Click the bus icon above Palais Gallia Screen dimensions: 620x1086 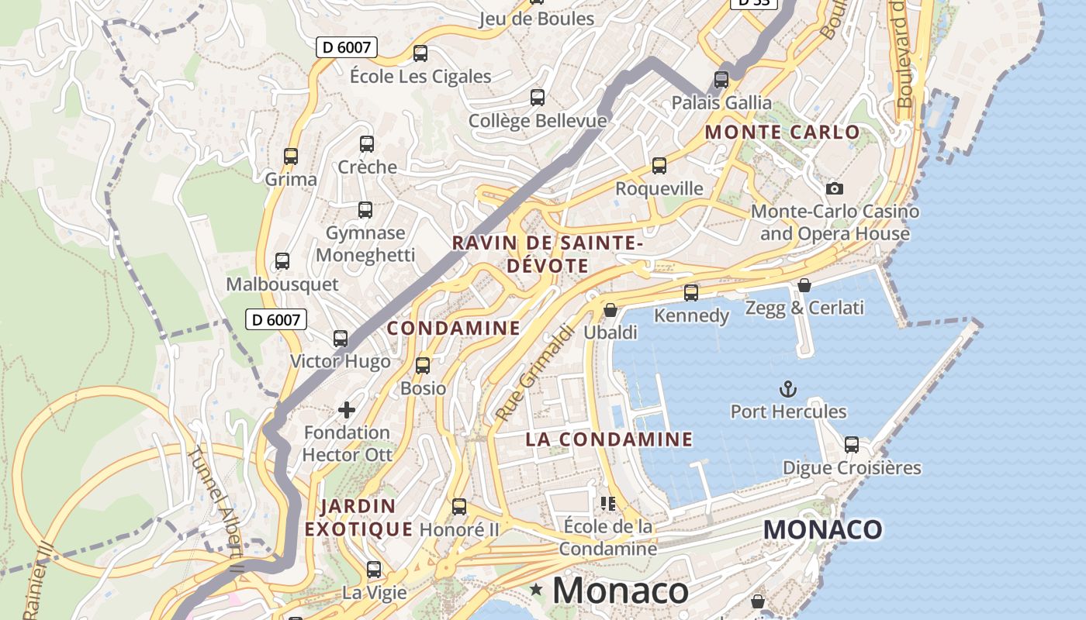(721, 80)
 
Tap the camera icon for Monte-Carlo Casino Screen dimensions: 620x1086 (835, 188)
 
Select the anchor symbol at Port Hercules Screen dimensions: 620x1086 (788, 388)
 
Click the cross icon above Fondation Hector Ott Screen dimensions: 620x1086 (347, 409)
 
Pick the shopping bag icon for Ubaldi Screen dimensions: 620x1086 (610, 310)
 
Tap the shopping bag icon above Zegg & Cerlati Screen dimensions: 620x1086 (804, 285)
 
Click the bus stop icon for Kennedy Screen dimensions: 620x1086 (691, 293)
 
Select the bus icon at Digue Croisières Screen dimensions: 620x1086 (852, 445)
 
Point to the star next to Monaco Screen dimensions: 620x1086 (536, 590)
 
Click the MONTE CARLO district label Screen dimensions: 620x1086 (782, 132)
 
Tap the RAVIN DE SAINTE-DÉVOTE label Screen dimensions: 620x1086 (548, 254)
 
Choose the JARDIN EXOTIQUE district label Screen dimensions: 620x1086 (358, 518)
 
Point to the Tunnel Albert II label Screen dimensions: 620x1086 (218, 511)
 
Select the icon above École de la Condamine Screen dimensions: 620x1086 (608, 504)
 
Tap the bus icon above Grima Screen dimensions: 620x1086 (291, 157)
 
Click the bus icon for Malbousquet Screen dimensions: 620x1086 (282, 261)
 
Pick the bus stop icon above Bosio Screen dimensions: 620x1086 (423, 366)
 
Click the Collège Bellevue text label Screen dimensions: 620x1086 (538, 121)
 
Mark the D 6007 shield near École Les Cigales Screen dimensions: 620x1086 (347, 47)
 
